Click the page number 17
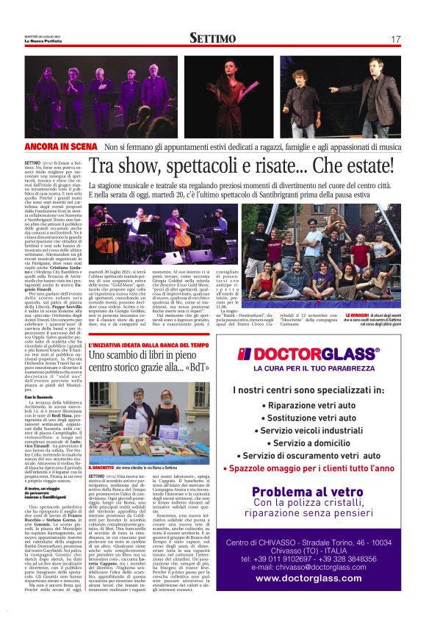[x=395, y=39]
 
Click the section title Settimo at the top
[x=212, y=38]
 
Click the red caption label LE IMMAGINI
[x=358, y=315]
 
